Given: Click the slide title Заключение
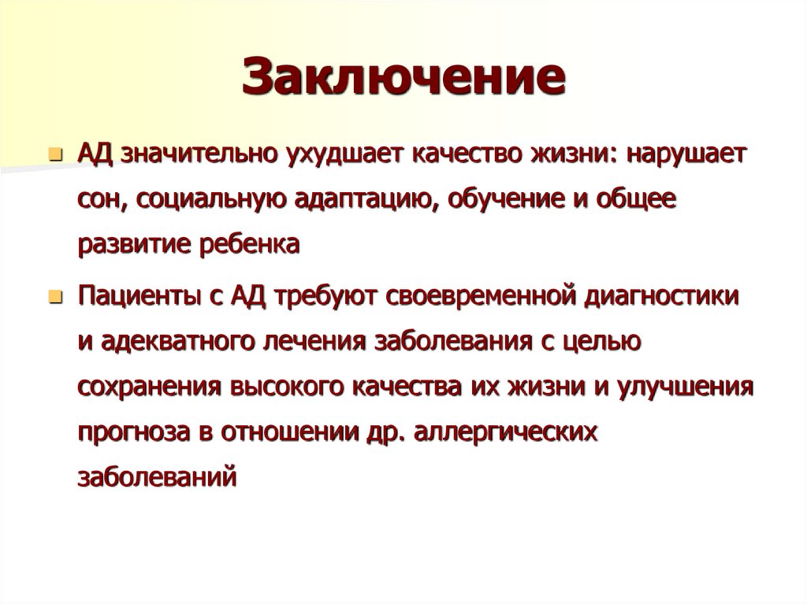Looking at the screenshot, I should tap(404, 77).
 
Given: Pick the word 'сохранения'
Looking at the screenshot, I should tap(148, 387).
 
